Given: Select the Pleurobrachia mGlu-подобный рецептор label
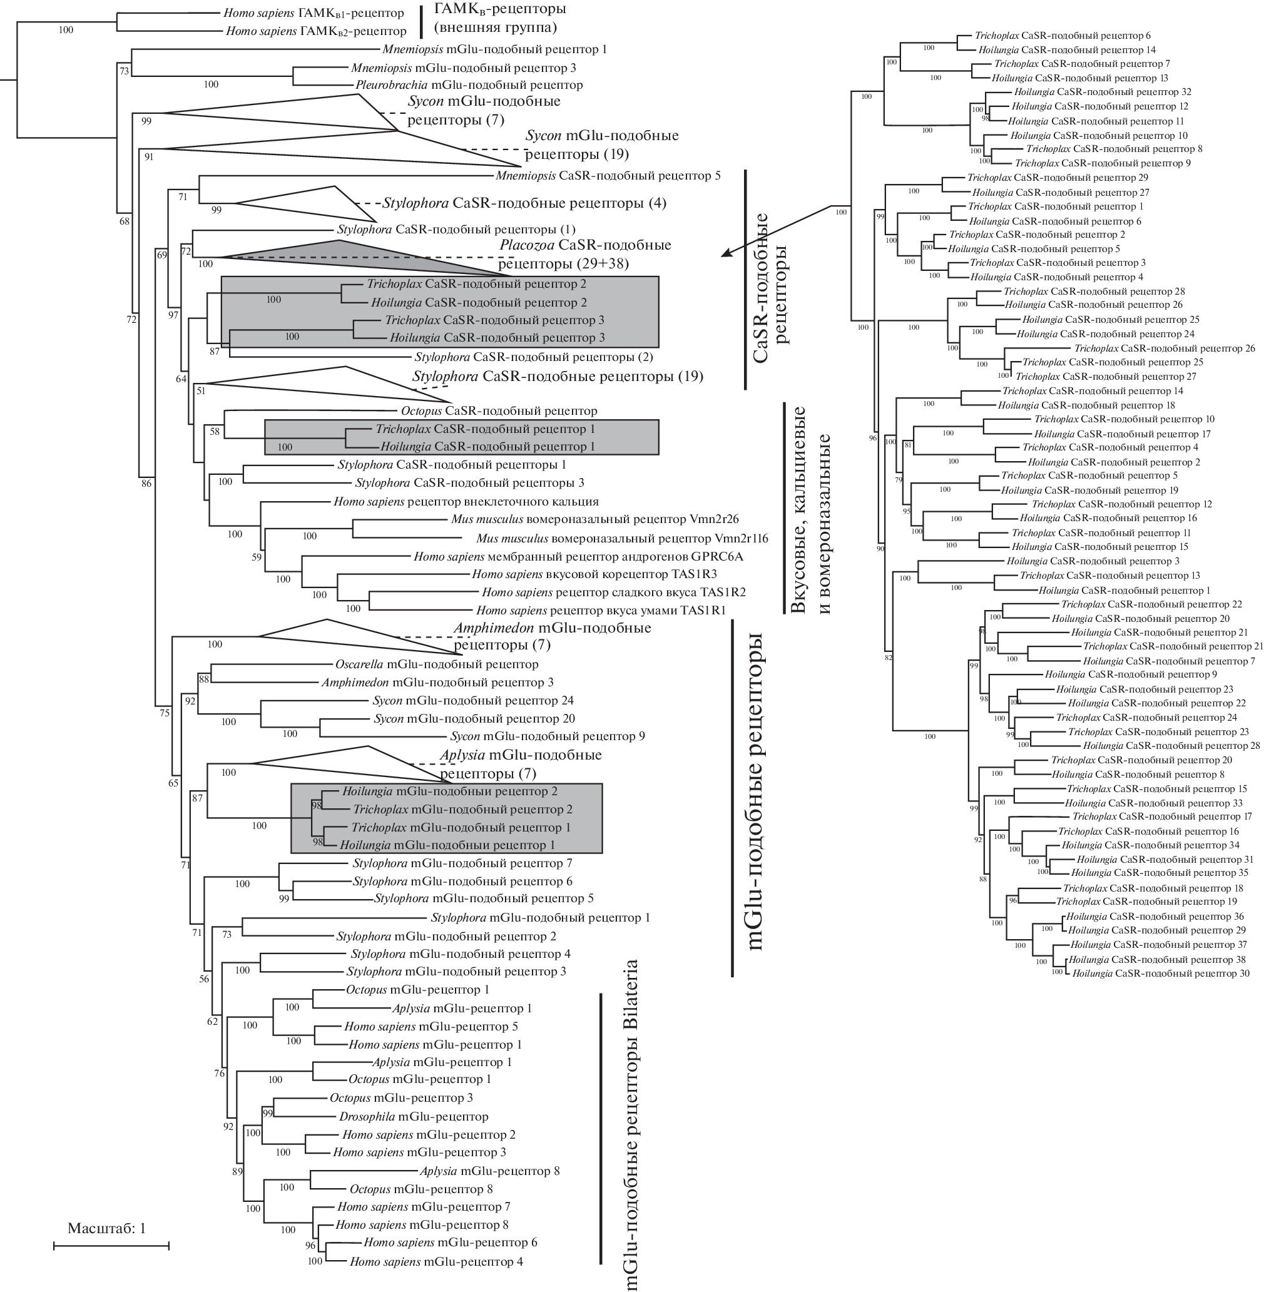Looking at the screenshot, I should (469, 85).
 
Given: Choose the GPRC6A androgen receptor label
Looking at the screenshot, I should (578, 556).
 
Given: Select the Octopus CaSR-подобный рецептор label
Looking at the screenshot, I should (499, 411).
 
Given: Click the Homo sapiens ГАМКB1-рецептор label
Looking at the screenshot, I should (313, 13).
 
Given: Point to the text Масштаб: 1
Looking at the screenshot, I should (106, 1228).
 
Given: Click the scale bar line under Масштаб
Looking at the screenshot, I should (111, 1246).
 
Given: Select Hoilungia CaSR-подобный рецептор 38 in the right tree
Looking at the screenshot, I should (1156, 959).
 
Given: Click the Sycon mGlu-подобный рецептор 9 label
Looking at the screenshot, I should (547, 736).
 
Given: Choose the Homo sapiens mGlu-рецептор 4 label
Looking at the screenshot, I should (436, 1261).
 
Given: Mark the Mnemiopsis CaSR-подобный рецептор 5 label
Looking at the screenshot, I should (608, 176).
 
